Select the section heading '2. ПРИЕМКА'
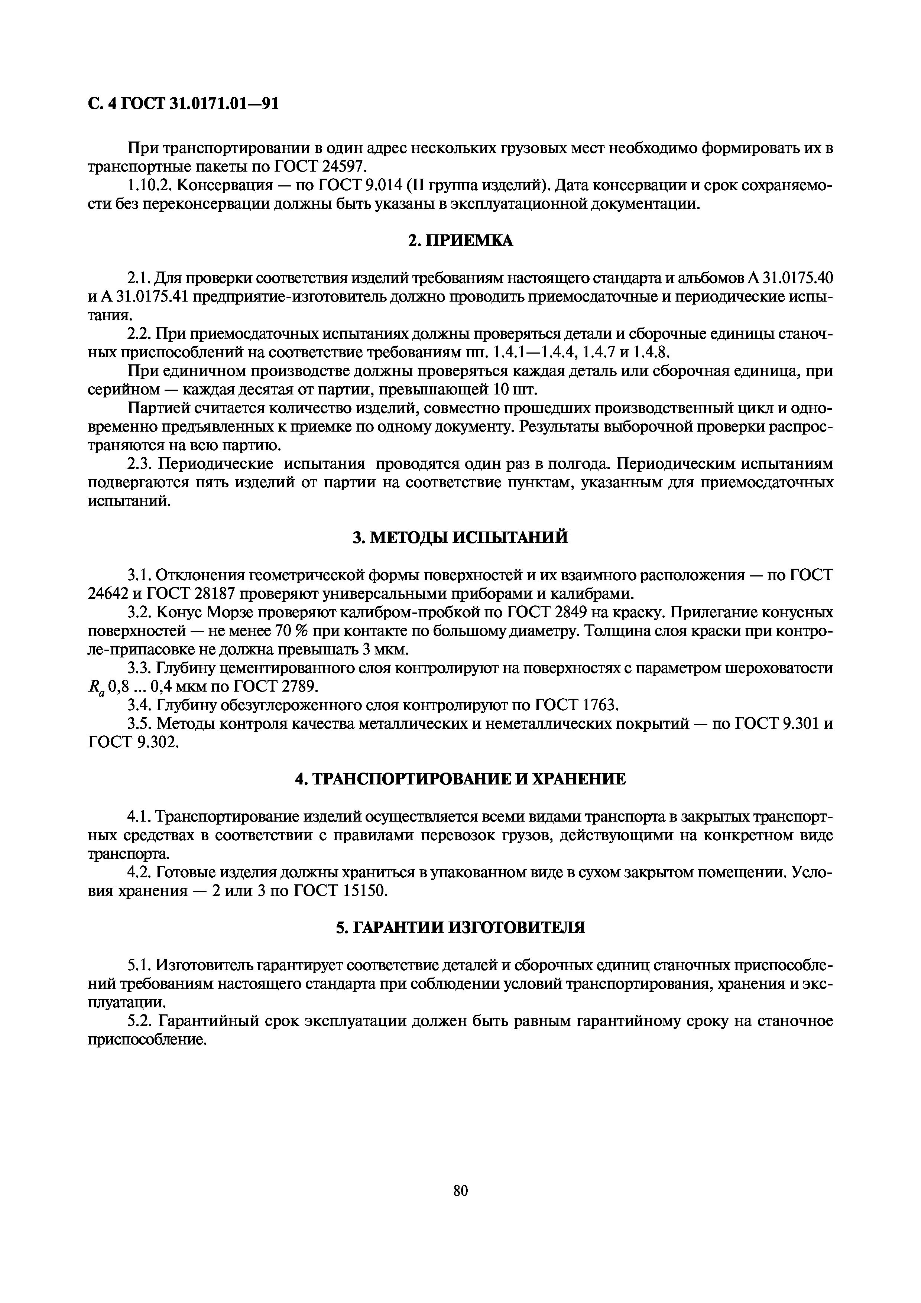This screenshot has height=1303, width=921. tap(460, 241)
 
